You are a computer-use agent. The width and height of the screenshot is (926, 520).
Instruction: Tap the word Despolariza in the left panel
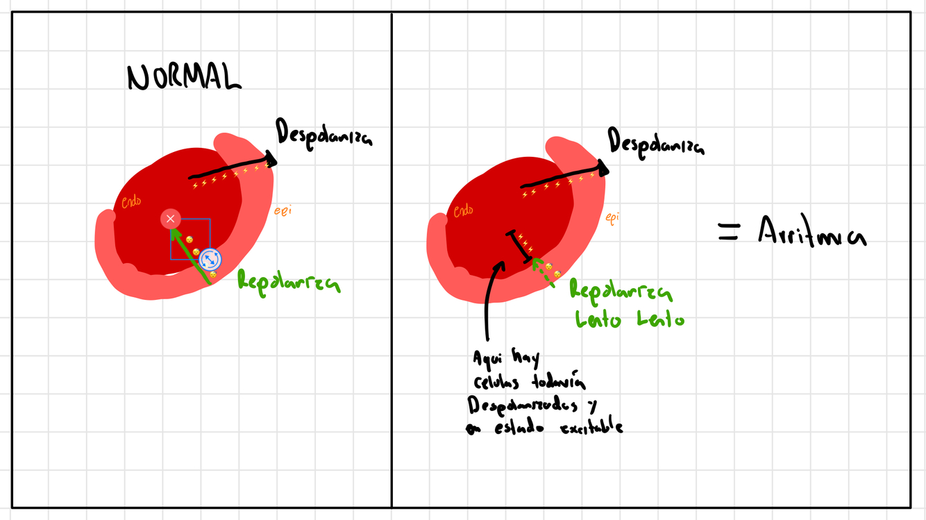pos(323,133)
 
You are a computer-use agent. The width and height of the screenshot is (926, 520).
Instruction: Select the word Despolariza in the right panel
pos(655,142)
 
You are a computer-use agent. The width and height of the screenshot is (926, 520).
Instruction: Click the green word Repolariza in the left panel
pos(288,281)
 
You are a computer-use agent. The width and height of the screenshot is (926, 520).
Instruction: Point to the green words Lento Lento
pos(629,319)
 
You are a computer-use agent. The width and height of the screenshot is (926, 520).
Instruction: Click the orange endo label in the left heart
pos(131,202)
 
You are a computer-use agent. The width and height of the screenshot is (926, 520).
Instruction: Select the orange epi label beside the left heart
pos(282,210)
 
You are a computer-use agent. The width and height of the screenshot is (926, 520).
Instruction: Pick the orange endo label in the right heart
pos(463,210)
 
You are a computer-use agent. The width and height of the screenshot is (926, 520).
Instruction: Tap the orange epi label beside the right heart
pos(612,218)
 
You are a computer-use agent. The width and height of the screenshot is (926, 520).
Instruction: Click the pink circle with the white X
pos(171,219)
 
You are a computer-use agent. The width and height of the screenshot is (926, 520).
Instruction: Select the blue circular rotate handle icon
pos(210,260)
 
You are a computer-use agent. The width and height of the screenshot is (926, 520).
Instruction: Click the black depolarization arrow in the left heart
pos(233,169)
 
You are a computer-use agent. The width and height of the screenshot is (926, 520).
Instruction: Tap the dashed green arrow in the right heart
pos(543,272)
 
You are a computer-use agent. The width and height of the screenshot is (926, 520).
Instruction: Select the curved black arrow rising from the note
pos(490,299)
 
